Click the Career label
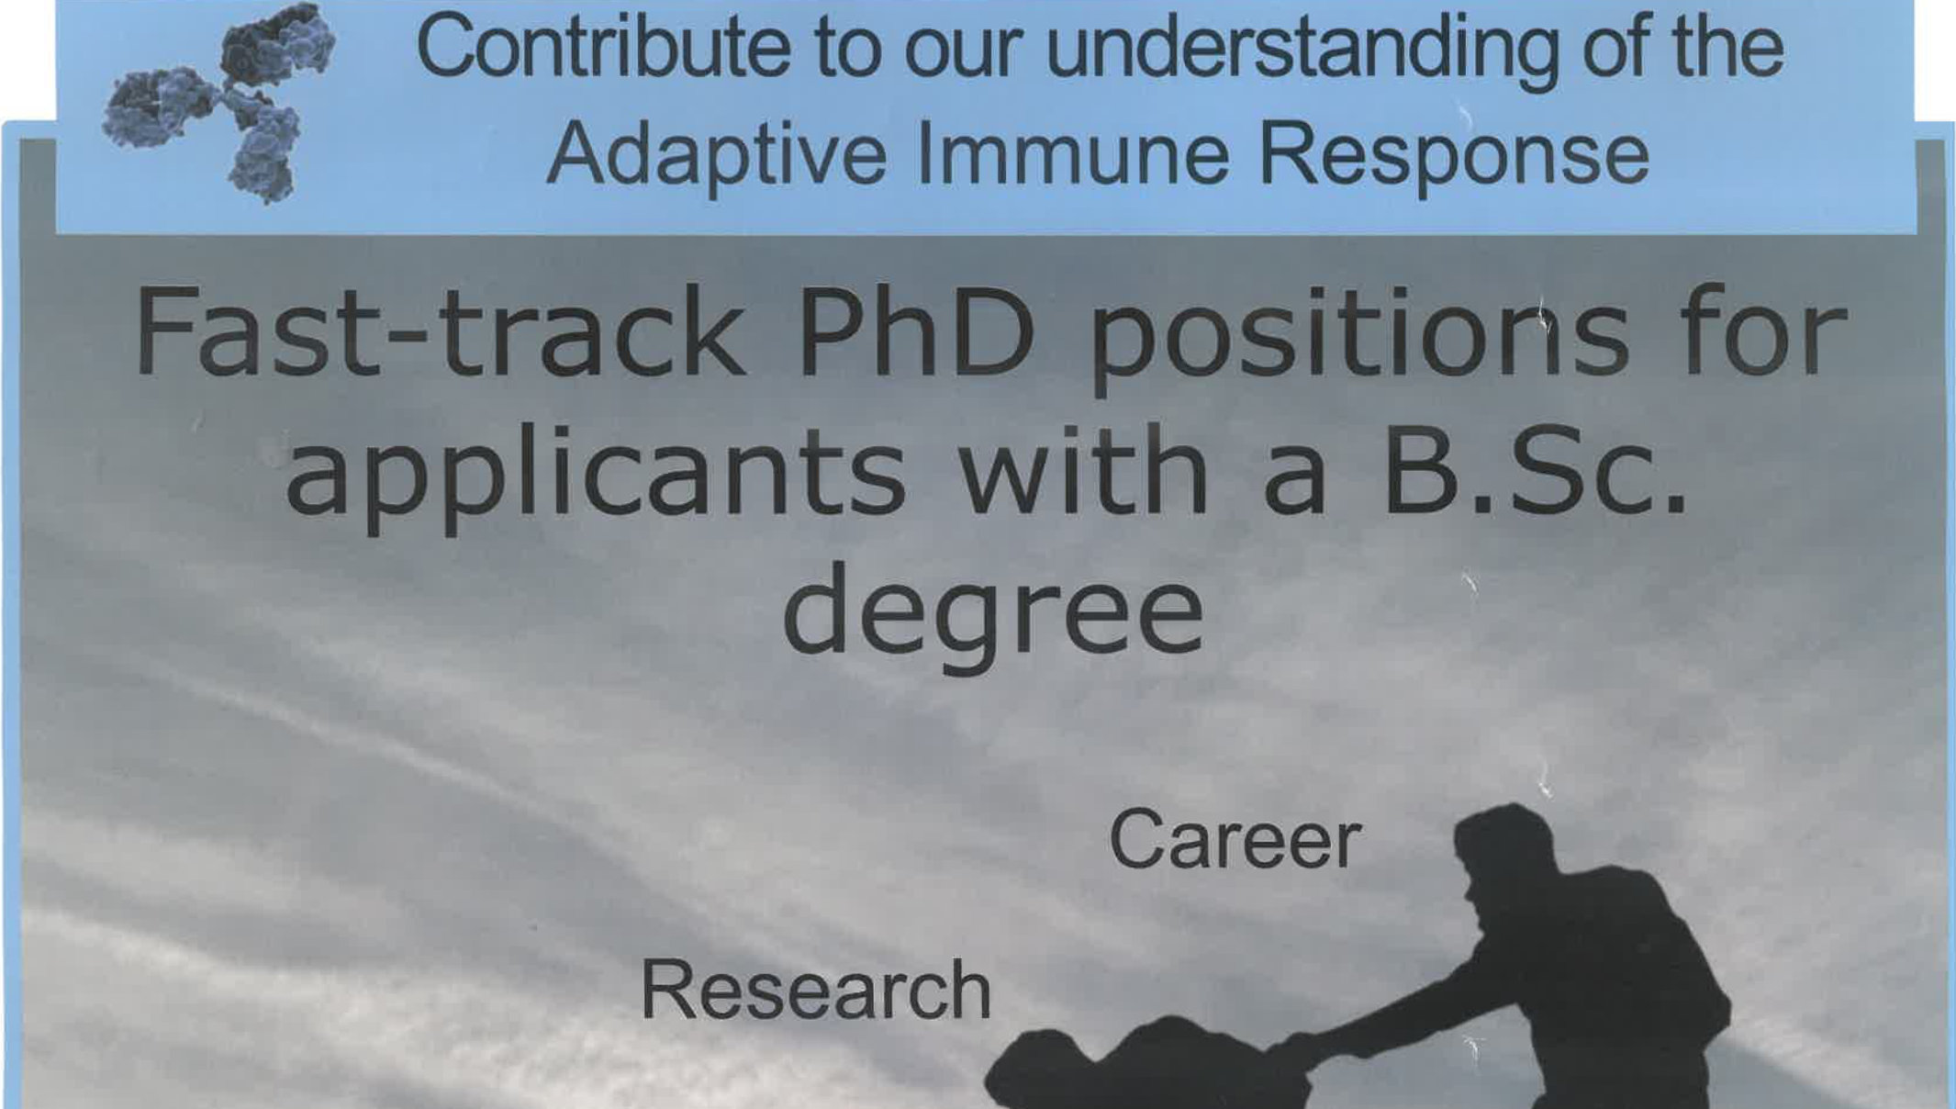click(x=1235, y=839)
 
